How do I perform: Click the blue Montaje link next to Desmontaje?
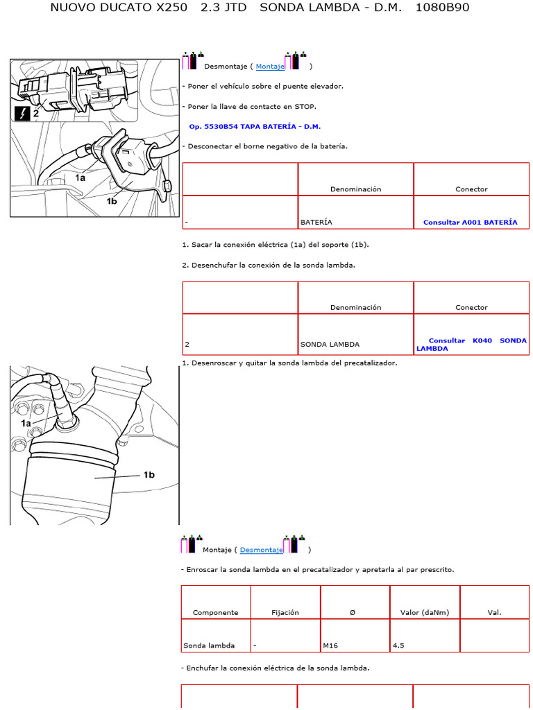(x=270, y=67)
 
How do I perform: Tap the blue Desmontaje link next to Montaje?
(x=261, y=550)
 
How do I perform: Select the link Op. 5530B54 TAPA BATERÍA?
(x=255, y=127)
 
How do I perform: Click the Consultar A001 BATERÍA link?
(x=470, y=223)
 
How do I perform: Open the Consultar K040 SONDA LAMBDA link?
(x=471, y=345)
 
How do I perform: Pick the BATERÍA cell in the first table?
(x=316, y=223)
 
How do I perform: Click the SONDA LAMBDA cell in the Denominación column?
(x=330, y=345)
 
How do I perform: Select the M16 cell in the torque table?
(x=330, y=646)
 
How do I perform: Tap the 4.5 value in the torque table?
(x=398, y=646)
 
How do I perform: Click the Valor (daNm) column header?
(x=425, y=613)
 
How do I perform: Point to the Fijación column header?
(x=285, y=613)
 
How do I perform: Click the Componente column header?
(x=215, y=613)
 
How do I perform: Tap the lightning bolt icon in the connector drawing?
(x=22, y=113)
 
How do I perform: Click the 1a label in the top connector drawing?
(x=81, y=177)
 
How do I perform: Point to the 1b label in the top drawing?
(x=112, y=201)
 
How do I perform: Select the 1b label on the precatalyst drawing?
(x=149, y=475)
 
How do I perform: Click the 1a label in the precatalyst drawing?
(x=26, y=423)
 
